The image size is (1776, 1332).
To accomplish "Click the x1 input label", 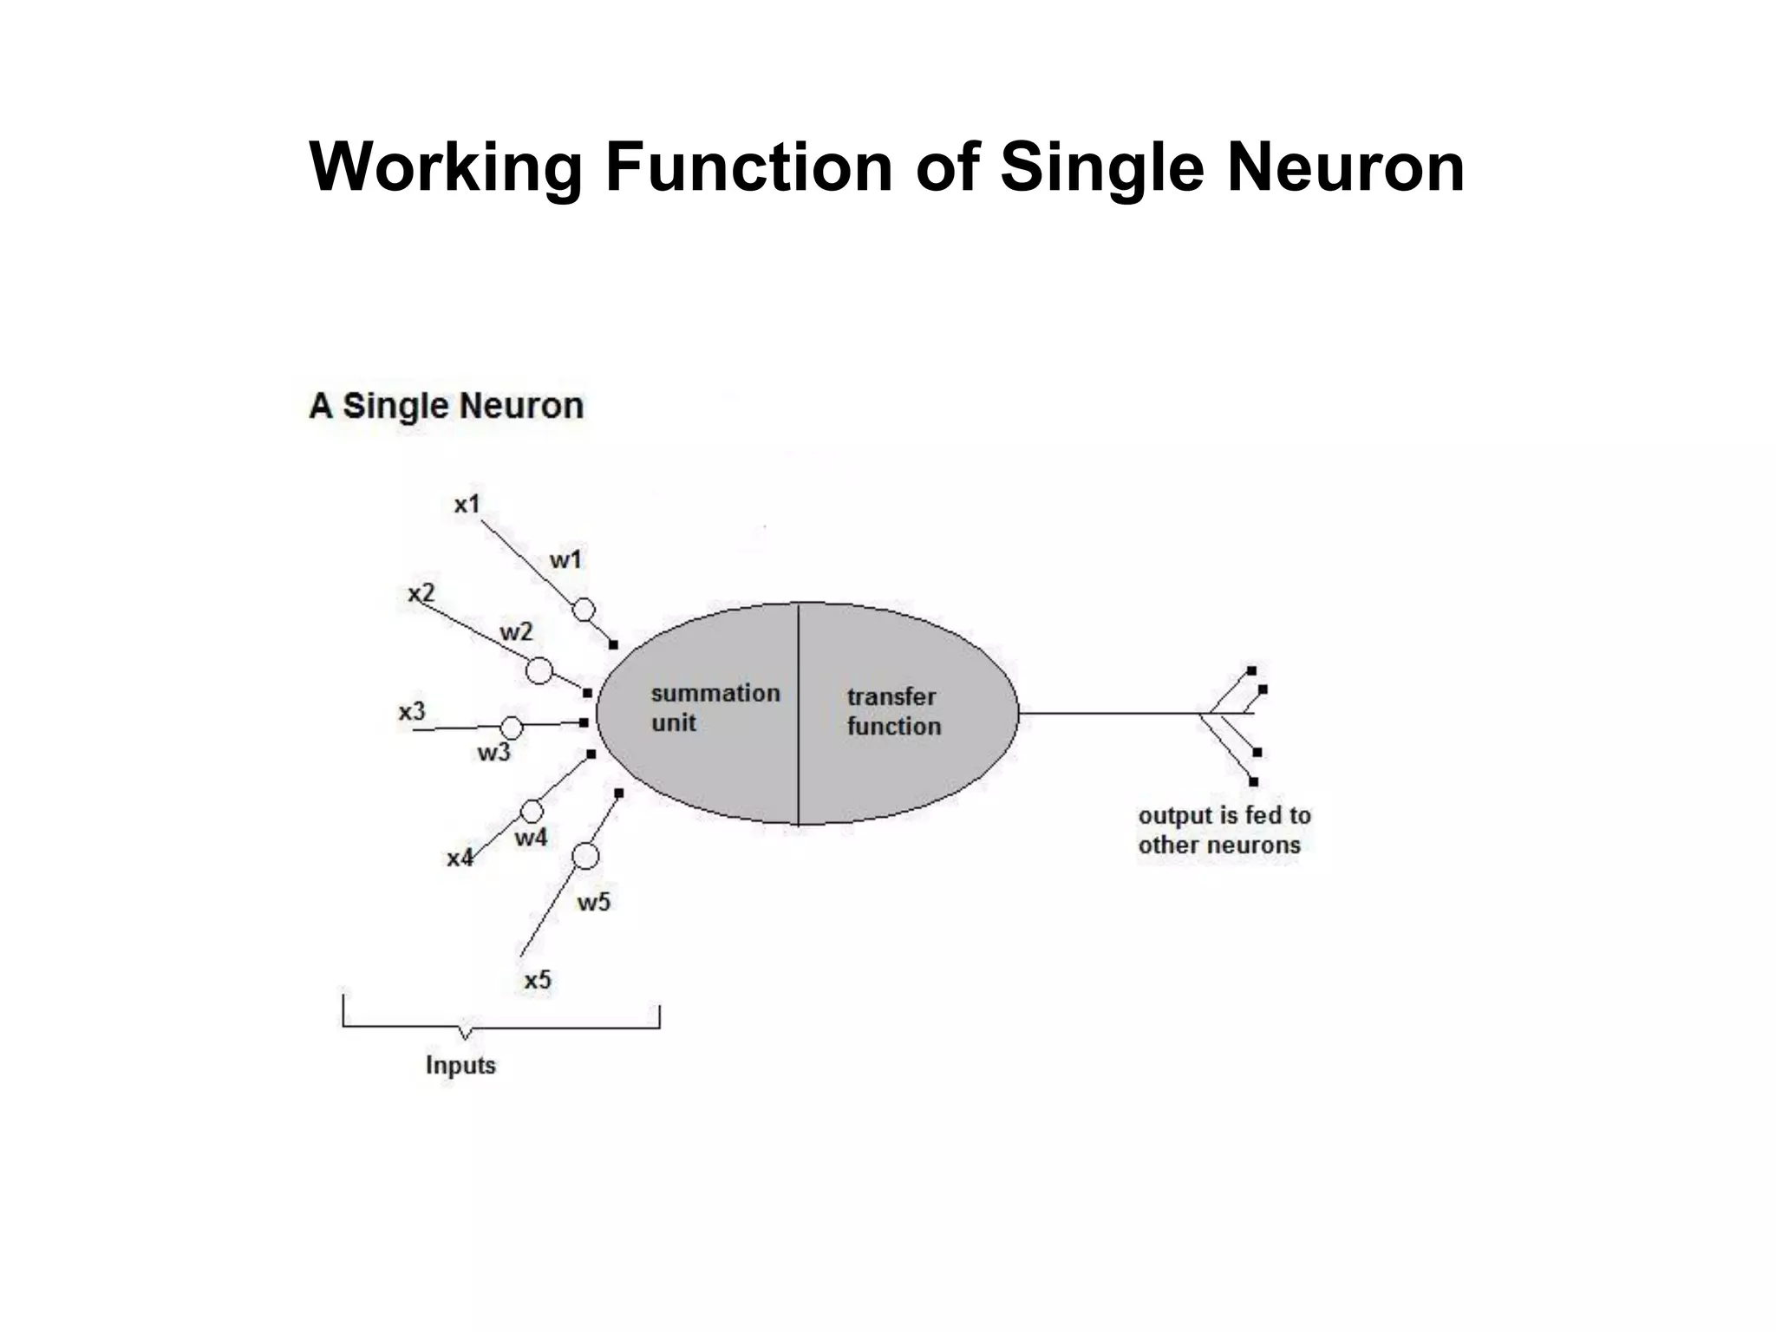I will (467, 504).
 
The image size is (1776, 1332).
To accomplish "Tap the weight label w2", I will (516, 632).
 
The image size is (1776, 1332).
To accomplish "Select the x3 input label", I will (412, 712).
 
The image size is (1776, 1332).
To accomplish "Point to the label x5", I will (538, 980).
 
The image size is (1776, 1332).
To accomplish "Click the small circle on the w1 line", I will (584, 610).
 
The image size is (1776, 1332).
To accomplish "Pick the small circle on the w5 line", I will (585, 857).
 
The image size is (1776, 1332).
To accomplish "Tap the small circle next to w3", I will (512, 728).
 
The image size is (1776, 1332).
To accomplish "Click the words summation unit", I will (715, 708).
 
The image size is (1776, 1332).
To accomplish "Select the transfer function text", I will (893, 711).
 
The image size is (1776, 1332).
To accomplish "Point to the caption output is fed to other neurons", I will (1223, 830).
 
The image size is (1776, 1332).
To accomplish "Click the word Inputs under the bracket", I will (460, 1065).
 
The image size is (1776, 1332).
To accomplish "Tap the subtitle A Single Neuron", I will (446, 406).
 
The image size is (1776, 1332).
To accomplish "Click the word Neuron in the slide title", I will (1345, 166).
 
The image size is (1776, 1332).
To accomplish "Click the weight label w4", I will (531, 838).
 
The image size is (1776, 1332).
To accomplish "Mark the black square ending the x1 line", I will (613, 645).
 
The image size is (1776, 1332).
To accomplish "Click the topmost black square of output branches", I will (1251, 670).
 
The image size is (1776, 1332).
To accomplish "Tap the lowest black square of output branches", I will (1253, 781).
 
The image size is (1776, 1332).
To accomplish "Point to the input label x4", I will (460, 859).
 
